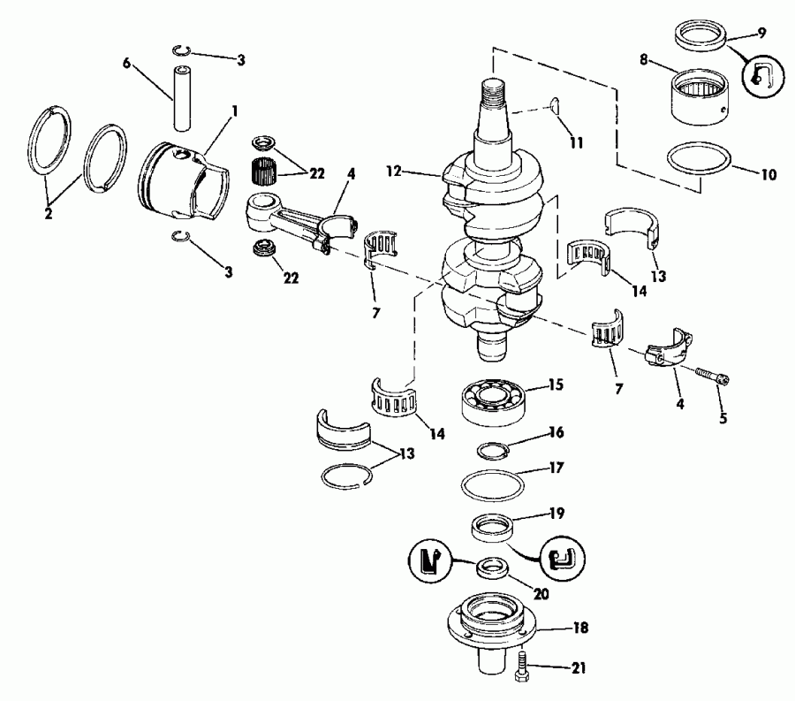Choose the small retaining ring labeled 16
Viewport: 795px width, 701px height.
point(492,451)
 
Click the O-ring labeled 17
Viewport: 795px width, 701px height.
point(493,484)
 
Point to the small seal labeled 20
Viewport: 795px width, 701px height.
point(493,567)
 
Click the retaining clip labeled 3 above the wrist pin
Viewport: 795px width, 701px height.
point(182,50)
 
